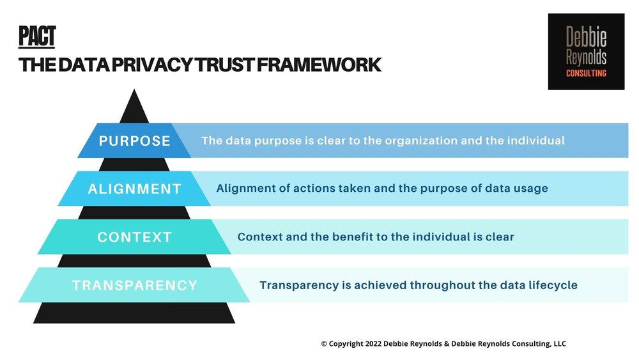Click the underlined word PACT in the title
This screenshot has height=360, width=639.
point(37,36)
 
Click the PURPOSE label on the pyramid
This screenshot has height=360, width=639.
point(135,141)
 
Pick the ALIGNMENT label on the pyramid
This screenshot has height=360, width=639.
point(135,189)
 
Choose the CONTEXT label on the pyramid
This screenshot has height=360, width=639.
point(135,237)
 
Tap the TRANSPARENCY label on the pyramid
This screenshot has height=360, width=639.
point(135,285)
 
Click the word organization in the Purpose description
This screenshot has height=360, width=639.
point(413,141)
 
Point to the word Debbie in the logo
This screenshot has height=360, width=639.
point(586,37)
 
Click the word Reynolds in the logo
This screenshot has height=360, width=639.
point(586,58)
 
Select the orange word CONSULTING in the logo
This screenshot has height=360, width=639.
point(586,74)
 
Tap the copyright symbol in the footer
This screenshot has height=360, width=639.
point(324,344)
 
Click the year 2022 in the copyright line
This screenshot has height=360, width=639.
point(374,344)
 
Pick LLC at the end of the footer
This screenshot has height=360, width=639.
point(558,344)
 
